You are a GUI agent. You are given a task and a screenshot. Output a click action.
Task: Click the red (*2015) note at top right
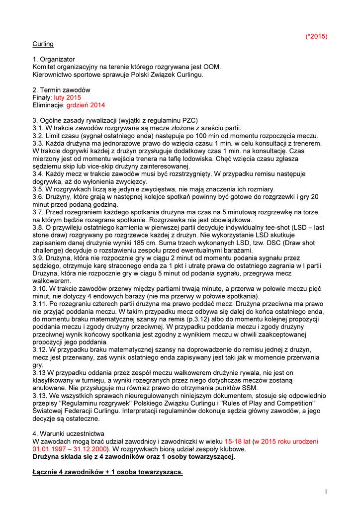point(316,36)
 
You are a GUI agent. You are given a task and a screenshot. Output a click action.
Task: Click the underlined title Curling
point(43,44)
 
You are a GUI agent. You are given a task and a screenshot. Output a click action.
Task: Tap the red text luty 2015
point(67,98)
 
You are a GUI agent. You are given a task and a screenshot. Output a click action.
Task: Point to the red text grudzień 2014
point(86,105)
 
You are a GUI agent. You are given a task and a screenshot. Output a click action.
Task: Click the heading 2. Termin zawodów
point(61,90)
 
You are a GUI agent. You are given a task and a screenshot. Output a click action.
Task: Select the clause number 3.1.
point(38,128)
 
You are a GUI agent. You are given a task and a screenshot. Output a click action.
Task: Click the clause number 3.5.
point(38,189)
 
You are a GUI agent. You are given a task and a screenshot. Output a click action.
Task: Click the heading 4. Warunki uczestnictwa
point(69,433)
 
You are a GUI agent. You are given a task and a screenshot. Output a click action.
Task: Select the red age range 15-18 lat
point(238,441)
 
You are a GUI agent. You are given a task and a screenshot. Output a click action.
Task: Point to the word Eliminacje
point(48,105)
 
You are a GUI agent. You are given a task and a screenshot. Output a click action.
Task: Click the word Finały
point(42,98)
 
